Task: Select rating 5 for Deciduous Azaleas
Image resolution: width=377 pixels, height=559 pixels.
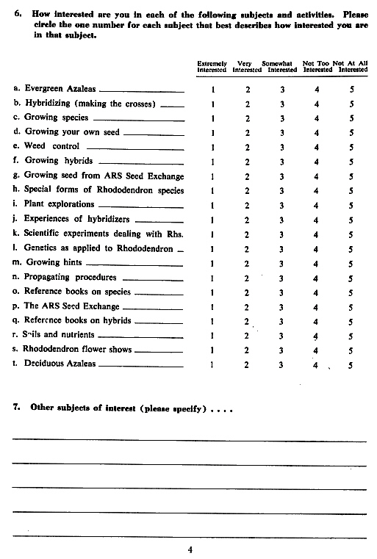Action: [352, 364]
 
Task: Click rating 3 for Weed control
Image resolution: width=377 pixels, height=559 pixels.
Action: [282, 146]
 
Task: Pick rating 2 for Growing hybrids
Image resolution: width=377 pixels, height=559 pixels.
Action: [248, 161]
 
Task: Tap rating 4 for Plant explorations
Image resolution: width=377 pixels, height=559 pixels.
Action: [317, 204]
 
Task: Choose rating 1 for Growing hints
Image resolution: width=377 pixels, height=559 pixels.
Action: [212, 262]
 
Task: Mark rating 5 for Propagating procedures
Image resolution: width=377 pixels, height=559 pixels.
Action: [352, 277]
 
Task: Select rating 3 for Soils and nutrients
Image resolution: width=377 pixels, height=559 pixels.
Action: [282, 335]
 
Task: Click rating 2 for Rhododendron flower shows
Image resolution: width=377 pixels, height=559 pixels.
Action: [248, 349]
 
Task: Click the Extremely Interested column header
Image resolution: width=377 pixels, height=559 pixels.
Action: [212, 67]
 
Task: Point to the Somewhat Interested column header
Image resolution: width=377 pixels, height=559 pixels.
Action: [282, 67]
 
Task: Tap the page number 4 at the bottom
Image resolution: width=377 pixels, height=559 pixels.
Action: [190, 548]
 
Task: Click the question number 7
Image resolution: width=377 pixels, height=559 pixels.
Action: [16, 408]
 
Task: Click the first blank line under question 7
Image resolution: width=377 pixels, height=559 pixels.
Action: [189, 439]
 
